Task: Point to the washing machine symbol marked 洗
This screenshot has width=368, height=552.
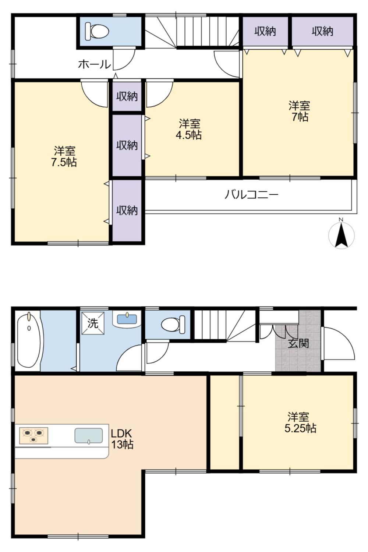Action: tap(93, 323)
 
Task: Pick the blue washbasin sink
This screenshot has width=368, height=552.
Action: tap(127, 319)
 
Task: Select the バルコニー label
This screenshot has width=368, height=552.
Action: tap(251, 195)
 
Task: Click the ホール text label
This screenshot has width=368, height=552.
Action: tap(95, 64)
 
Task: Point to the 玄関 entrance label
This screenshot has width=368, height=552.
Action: tap(298, 343)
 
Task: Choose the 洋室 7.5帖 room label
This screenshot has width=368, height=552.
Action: tap(64, 156)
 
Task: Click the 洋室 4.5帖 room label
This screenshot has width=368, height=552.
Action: tap(189, 130)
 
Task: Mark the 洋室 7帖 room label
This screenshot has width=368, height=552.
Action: tap(300, 111)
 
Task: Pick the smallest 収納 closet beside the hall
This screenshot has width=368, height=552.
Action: tap(127, 96)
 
